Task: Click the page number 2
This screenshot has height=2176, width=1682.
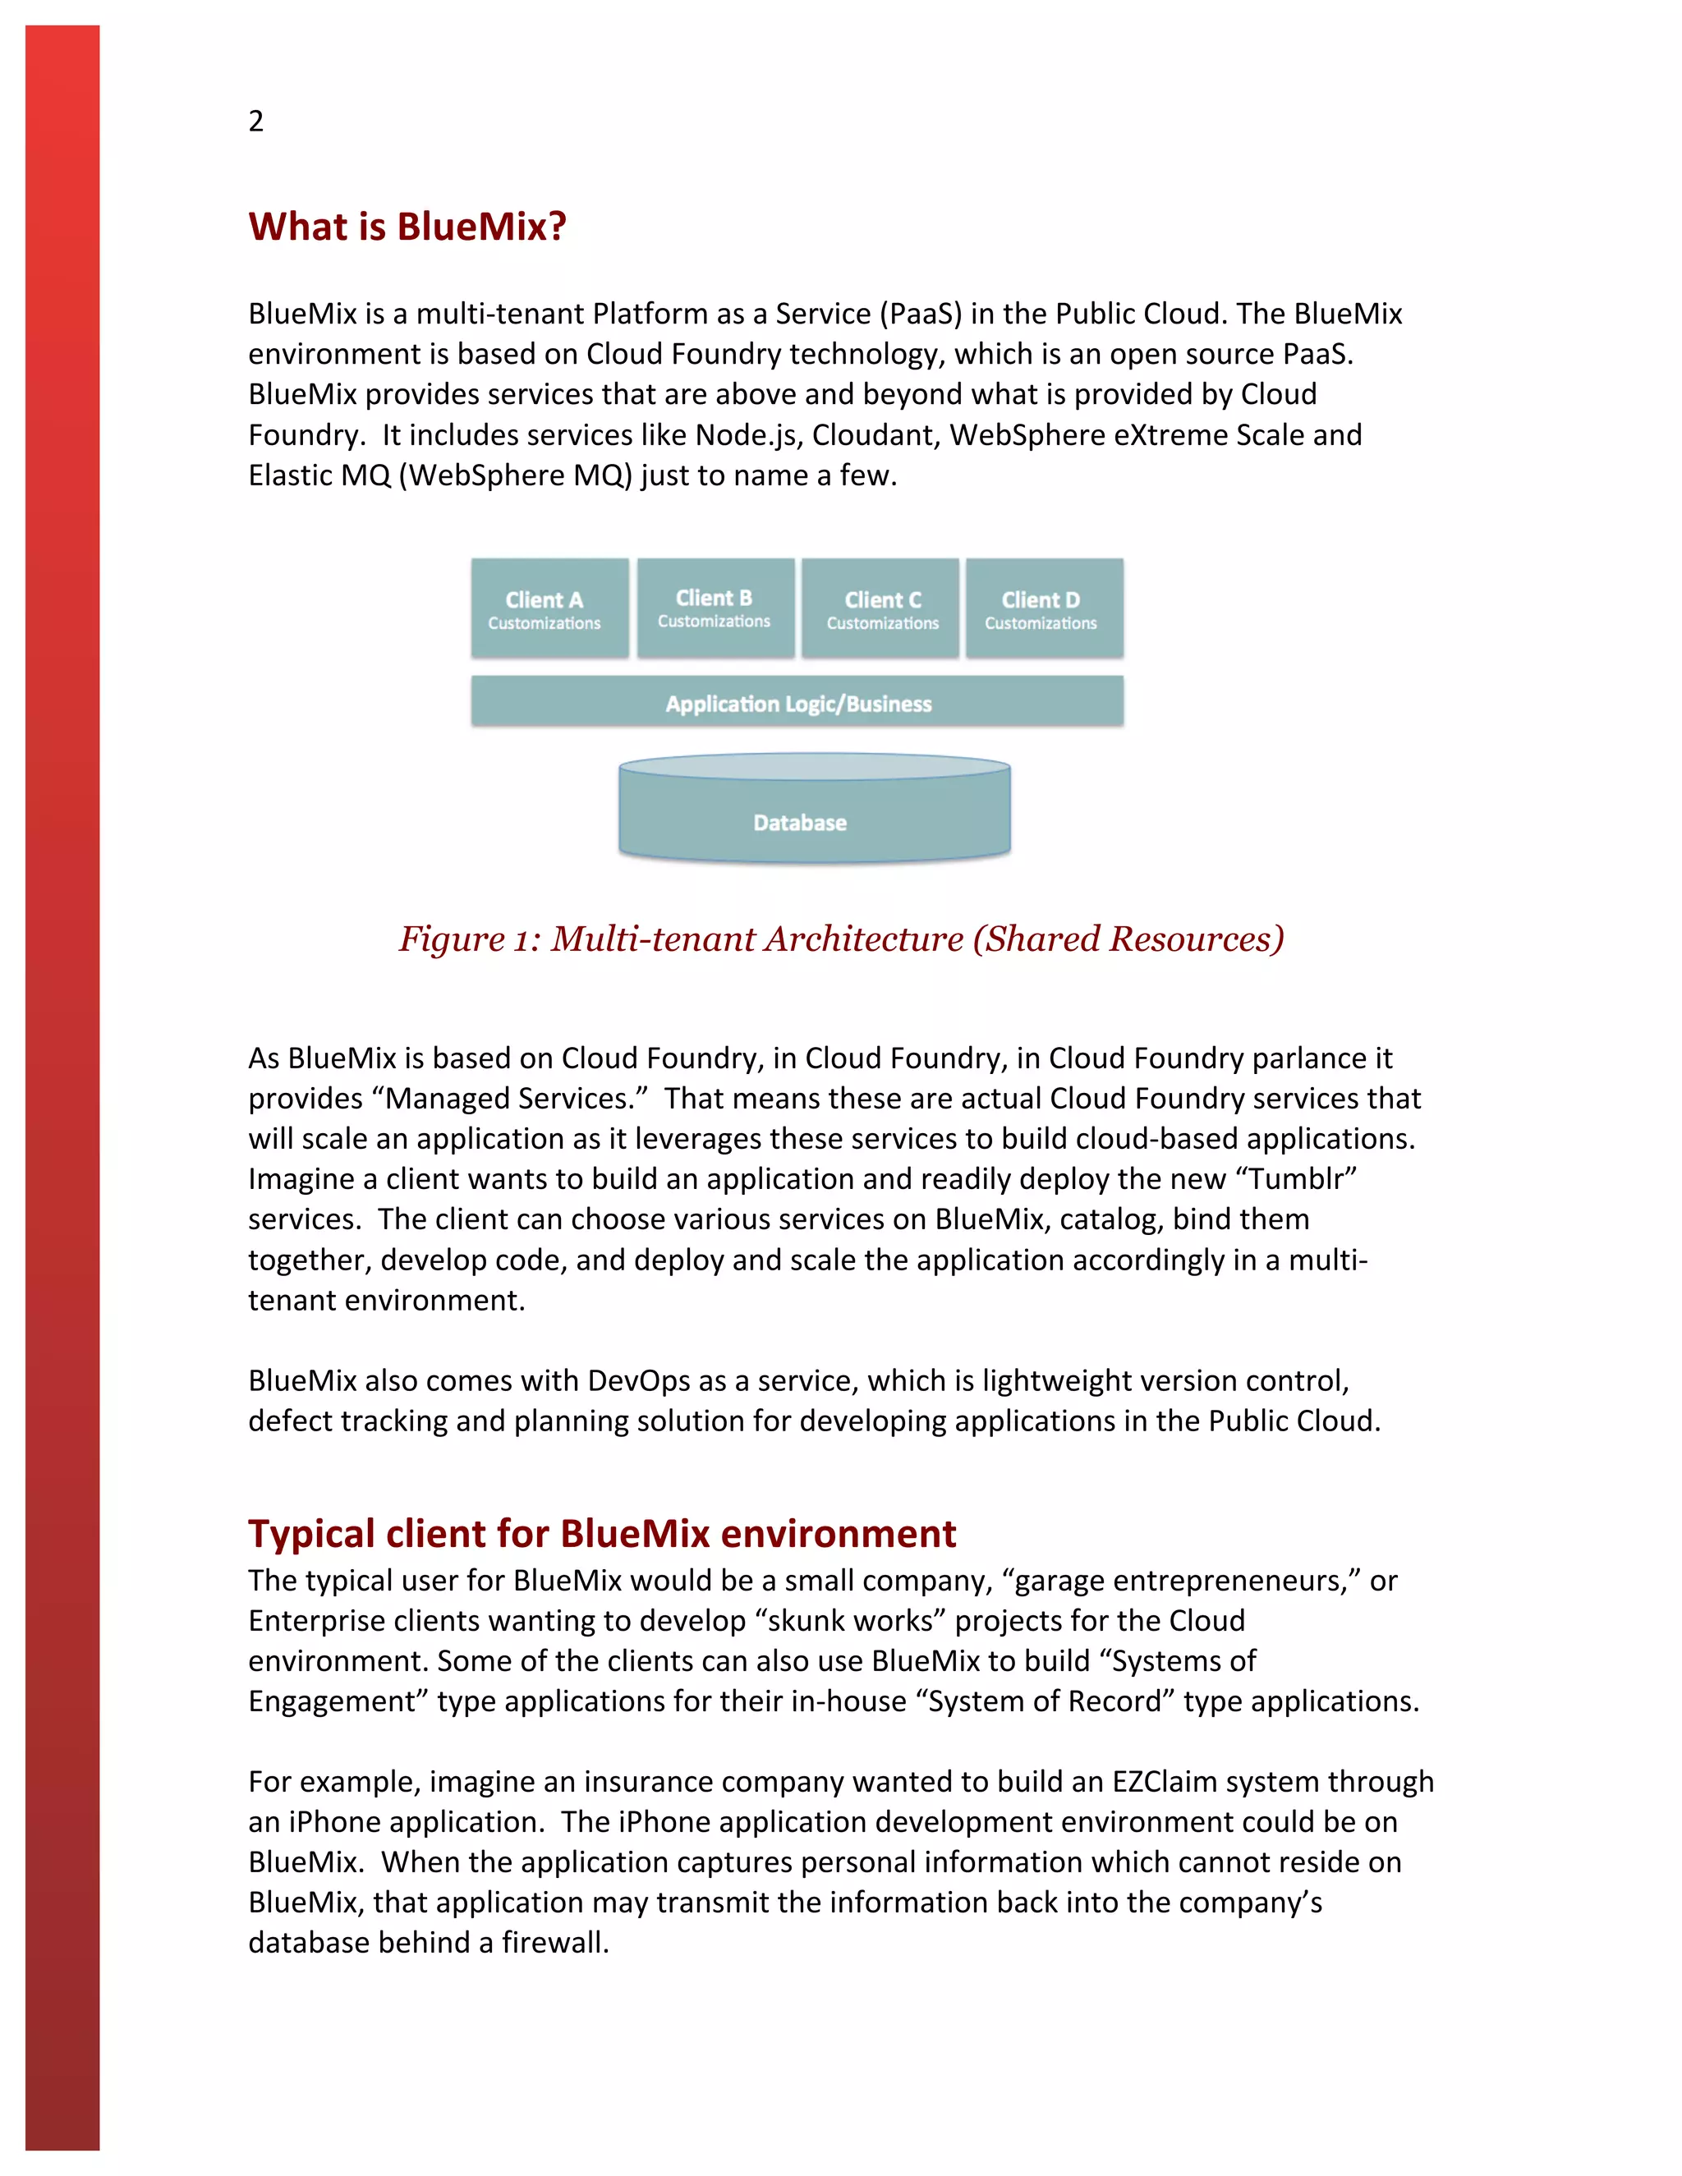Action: (256, 121)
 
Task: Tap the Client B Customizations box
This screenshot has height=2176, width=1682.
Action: (715, 608)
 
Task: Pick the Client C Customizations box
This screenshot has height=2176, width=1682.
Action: (881, 608)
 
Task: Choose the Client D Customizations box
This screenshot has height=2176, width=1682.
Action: (1043, 608)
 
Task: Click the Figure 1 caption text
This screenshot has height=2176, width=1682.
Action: (841, 939)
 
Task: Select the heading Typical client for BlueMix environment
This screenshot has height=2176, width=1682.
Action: (601, 1532)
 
